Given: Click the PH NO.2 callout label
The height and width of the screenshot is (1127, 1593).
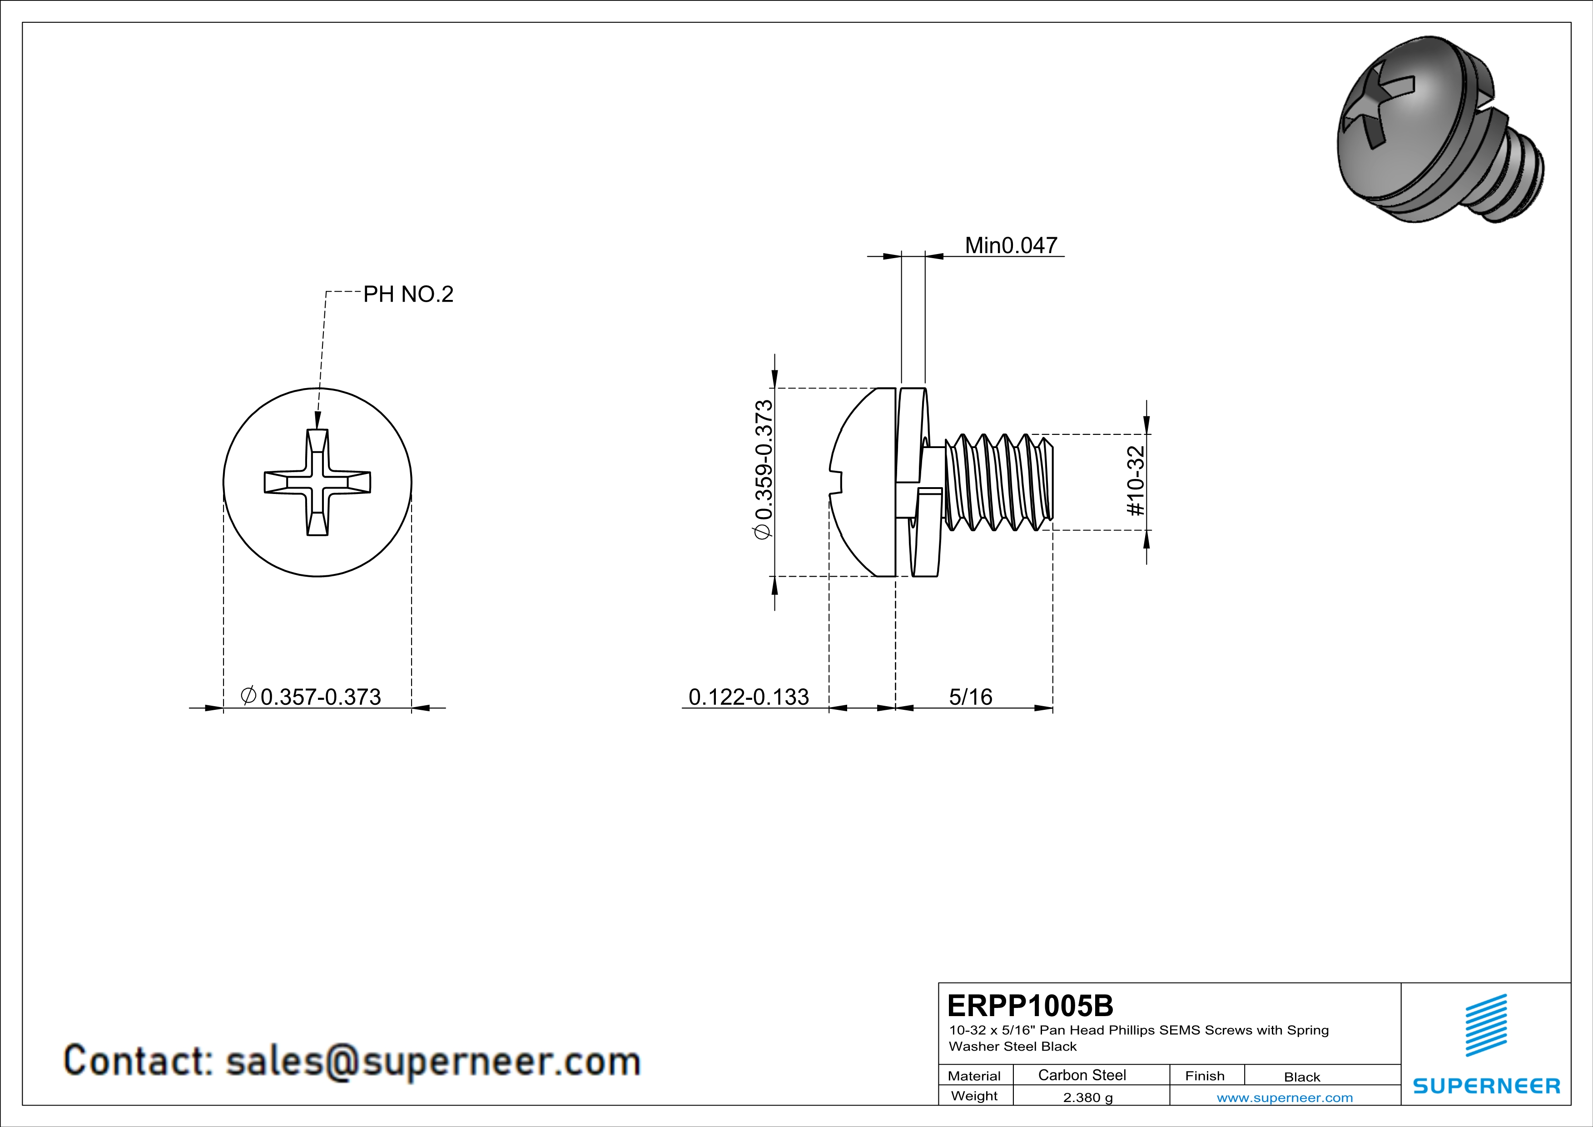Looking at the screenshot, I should click(408, 294).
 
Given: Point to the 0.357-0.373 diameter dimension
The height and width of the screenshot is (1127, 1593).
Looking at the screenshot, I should click(320, 696).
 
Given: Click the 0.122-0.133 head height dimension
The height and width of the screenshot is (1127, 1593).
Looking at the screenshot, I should click(748, 696).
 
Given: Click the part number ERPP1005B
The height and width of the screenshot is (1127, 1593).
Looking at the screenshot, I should click(1030, 1005).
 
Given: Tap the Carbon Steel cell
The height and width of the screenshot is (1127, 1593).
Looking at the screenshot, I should click(1082, 1075).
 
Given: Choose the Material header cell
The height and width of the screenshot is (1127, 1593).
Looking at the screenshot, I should click(974, 1076).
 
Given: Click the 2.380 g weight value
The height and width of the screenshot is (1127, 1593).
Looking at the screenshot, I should click(1087, 1097).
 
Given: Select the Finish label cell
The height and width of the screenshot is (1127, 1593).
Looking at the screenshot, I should click(1205, 1076).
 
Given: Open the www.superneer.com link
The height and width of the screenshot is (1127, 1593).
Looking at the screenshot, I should click(1284, 1097).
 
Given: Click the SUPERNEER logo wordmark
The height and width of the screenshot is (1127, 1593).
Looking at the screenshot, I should click(1486, 1085).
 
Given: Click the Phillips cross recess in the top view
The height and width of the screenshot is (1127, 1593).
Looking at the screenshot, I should click(317, 482).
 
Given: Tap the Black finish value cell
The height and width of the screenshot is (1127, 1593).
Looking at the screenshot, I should click(1301, 1077).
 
